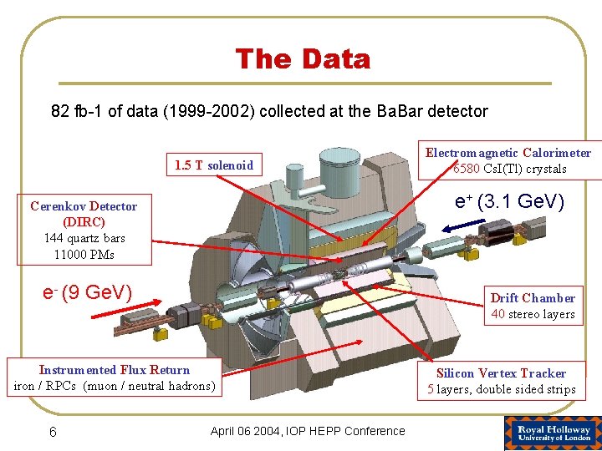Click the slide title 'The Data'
click(x=303, y=59)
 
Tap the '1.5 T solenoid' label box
click(x=214, y=165)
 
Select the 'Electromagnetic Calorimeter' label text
click(x=508, y=153)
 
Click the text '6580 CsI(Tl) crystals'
click(x=509, y=169)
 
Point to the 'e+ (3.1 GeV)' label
click(x=509, y=202)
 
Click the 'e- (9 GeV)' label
click(x=87, y=292)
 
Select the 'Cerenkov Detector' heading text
click(x=84, y=206)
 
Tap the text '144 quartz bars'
click(x=84, y=238)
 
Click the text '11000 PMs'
click(x=84, y=254)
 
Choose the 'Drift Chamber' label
click(x=533, y=298)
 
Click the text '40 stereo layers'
click(x=533, y=314)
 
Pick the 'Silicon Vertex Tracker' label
click(x=501, y=373)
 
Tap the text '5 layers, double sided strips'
click(x=501, y=389)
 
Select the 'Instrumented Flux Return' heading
click(x=115, y=370)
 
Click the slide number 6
click(x=53, y=431)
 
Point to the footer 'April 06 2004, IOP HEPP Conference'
click(x=308, y=431)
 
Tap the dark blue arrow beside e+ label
click(x=464, y=223)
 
